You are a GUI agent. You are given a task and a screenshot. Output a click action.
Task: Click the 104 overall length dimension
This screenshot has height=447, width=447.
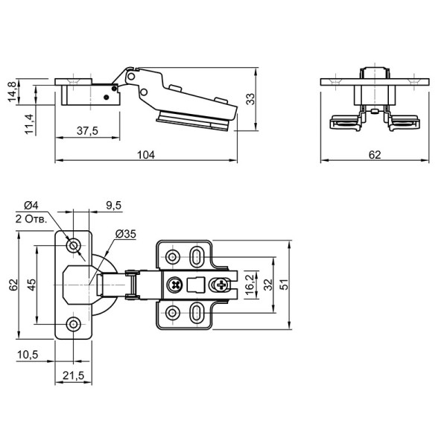[146, 155]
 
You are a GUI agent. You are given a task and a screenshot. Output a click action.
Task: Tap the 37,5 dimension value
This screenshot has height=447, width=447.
[87, 131]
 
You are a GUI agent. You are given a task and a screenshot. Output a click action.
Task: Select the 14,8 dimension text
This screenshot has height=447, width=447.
[12, 92]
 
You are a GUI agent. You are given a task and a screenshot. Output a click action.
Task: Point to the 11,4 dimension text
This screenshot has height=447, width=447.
[29, 124]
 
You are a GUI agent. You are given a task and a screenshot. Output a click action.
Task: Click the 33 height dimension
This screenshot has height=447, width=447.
[250, 99]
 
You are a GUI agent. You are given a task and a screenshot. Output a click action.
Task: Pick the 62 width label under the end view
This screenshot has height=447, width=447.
[375, 155]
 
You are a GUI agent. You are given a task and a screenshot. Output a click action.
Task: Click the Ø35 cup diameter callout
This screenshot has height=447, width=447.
[126, 234]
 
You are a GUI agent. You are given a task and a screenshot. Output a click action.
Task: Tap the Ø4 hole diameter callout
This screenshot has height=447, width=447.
[31, 205]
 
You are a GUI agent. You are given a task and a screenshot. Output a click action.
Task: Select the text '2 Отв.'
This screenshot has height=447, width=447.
[31, 219]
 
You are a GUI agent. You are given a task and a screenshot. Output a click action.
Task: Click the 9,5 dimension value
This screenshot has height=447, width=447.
[114, 205]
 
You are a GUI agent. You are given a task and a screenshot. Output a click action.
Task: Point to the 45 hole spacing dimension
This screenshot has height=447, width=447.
[31, 285]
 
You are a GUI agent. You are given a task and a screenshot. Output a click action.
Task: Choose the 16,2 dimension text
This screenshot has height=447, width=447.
[250, 285]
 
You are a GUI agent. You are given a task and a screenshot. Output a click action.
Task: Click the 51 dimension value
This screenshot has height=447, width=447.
[285, 285]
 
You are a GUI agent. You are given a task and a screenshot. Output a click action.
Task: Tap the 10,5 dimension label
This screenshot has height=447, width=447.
[28, 355]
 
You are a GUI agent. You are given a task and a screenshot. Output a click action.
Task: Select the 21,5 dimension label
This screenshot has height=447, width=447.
[74, 375]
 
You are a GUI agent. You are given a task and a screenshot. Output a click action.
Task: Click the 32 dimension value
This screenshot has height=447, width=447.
[268, 285]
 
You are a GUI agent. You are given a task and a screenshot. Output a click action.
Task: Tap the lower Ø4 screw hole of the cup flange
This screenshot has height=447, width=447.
[74, 324]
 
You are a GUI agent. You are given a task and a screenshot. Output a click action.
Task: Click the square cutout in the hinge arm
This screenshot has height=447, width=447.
[196, 285]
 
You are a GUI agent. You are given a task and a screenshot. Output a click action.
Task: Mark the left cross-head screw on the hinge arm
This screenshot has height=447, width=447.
[175, 285]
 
